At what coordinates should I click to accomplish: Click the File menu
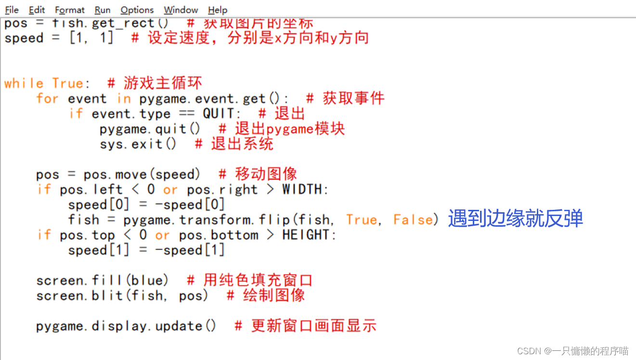tap(12, 10)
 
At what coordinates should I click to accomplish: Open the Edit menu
tap(37, 10)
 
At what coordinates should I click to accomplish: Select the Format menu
tap(69, 10)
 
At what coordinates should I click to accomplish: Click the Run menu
tap(102, 10)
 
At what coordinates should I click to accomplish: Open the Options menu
tap(137, 10)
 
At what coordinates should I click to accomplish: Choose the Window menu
tap(181, 10)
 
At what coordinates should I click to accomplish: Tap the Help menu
tap(218, 10)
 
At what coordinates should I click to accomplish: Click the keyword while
tap(24, 83)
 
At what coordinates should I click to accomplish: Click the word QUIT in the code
tap(218, 114)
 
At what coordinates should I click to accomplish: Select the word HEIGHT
tap(306, 235)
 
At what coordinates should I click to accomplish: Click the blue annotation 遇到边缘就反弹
tap(515, 219)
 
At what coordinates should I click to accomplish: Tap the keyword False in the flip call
tap(413, 220)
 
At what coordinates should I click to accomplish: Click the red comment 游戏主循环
tap(163, 83)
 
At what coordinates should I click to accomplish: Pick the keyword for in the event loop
tap(47, 99)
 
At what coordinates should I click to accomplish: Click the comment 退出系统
tap(242, 143)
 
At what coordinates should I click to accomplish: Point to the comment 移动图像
tap(266, 174)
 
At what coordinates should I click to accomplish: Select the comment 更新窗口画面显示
tap(313, 326)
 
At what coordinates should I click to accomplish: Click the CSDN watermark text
tap(572, 351)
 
